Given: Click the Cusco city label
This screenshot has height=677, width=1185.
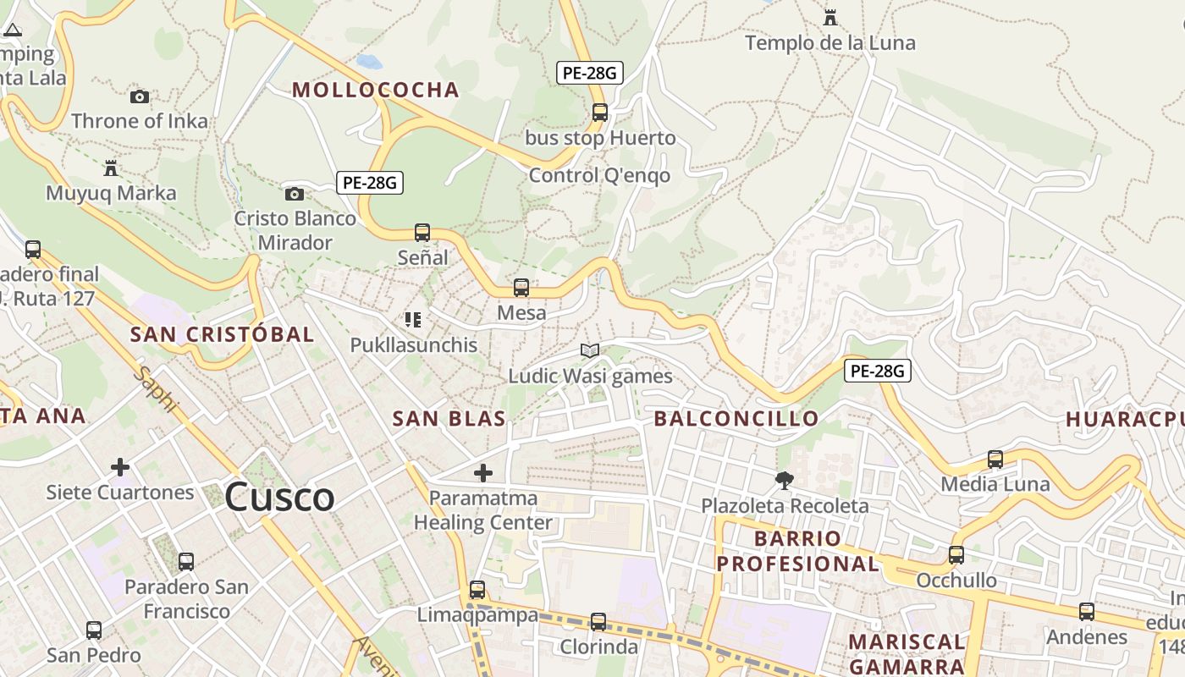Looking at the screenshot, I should (x=279, y=496).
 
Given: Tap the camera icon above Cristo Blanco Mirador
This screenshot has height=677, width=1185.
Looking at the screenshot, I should (x=294, y=195).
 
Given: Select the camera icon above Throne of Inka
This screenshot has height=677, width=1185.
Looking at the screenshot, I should (x=140, y=97).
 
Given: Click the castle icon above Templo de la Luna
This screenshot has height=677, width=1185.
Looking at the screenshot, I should (x=829, y=17).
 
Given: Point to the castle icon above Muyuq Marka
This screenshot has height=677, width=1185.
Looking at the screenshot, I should (x=110, y=168).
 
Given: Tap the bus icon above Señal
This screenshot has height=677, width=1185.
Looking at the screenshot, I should (x=422, y=232).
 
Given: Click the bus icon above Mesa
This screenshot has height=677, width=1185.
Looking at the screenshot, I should (x=521, y=288).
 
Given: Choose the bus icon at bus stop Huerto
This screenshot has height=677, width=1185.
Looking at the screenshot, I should (x=600, y=112).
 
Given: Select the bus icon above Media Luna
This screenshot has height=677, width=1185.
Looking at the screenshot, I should (x=995, y=460).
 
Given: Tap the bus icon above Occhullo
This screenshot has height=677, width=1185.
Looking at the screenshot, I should (x=956, y=555).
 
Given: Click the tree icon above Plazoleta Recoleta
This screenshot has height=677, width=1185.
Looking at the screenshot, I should (x=785, y=481).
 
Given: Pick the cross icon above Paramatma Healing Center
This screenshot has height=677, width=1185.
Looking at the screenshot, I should (x=483, y=473).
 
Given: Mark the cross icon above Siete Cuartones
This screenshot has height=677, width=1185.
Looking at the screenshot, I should (x=120, y=466).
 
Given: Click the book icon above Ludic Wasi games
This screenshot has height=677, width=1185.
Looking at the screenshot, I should (x=590, y=350).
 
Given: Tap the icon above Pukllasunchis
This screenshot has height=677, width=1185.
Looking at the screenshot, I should (x=413, y=320).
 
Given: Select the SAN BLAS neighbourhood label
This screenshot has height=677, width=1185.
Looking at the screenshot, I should (x=449, y=418).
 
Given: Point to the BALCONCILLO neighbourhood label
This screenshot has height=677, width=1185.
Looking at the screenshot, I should (x=736, y=418).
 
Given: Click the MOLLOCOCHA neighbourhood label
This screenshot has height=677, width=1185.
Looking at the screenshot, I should (x=376, y=90).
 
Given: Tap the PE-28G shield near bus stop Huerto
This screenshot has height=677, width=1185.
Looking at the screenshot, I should (x=590, y=73).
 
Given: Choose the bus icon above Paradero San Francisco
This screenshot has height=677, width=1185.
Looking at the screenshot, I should (x=186, y=561).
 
